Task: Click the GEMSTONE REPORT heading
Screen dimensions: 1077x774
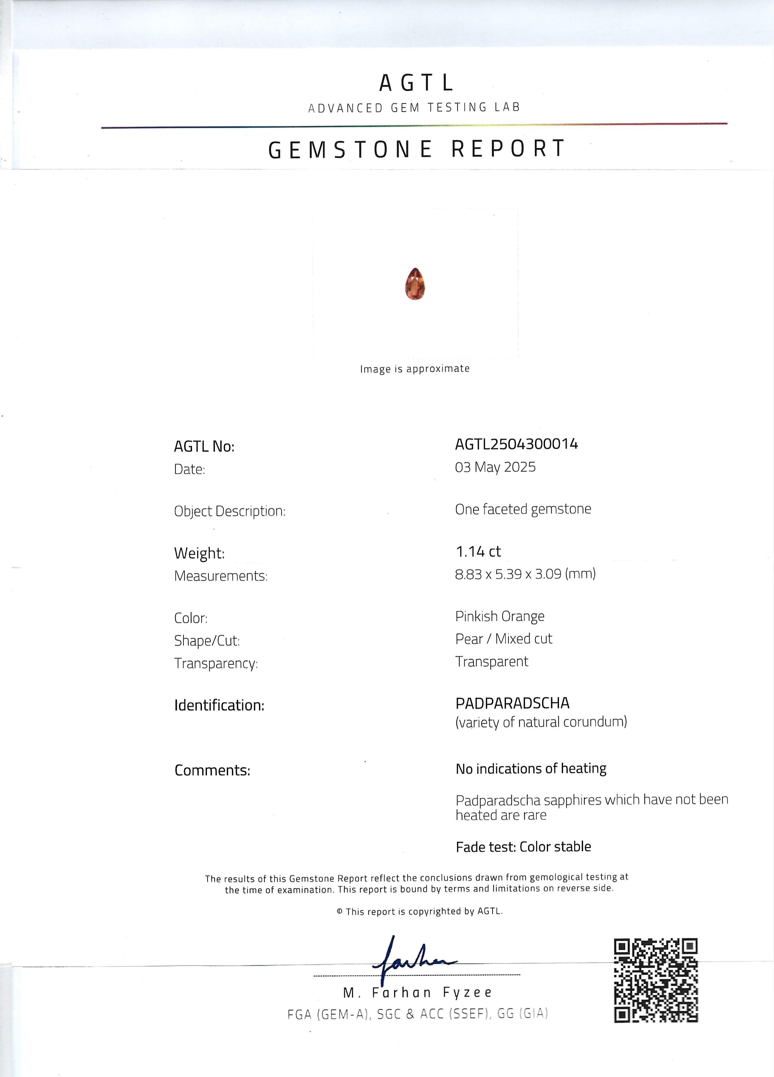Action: point(416,149)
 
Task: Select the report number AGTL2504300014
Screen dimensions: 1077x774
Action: point(516,444)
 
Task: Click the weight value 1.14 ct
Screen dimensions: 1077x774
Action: point(478,551)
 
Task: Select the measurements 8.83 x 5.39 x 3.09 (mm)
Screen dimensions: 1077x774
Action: point(525,574)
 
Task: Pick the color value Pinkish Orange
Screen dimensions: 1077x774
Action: point(500,616)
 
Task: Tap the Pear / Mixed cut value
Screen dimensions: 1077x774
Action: point(503,639)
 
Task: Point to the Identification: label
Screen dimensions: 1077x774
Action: point(219,705)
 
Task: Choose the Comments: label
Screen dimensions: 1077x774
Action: point(212,770)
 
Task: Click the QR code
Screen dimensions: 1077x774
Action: point(656,980)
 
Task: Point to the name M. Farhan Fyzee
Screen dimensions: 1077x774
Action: point(417,992)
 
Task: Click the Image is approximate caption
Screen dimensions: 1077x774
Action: point(414,369)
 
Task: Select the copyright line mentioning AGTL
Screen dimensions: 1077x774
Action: point(419,911)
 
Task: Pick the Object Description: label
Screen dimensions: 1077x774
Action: point(229,511)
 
